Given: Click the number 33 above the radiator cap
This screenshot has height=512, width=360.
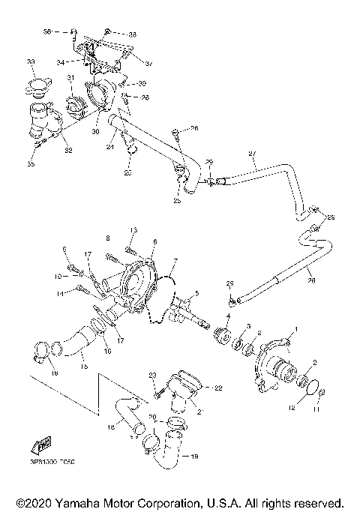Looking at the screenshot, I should pos(30,61).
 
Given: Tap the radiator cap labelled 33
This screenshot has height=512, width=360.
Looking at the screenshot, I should pos(35,86).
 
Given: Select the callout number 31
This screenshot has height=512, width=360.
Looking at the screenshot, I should pos(70,78).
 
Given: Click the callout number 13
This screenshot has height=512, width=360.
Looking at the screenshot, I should pos(134,229).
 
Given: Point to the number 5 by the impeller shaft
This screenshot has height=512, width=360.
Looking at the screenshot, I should pos(197,292).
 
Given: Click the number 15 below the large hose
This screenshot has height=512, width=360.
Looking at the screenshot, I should pos(84,367).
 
